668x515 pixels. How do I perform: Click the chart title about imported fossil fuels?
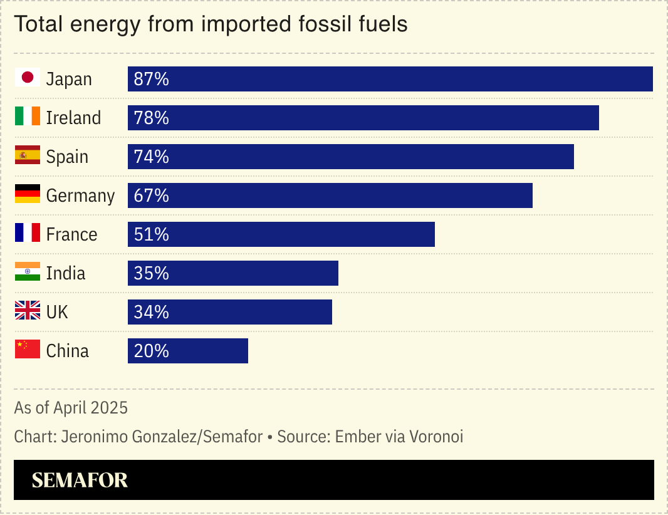coord(211,24)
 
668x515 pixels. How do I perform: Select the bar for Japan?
coord(390,79)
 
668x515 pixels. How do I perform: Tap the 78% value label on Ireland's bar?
coord(152,118)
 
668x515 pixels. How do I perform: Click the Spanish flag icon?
coord(28,156)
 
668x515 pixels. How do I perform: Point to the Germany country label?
coord(80,195)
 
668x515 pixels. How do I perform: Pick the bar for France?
coord(281,234)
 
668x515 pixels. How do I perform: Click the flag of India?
coord(28,273)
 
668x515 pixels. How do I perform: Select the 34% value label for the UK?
coord(152,312)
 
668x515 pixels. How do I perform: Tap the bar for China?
coord(188,351)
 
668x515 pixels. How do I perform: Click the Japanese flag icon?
coord(28,78)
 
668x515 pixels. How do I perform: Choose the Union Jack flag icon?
coord(28,311)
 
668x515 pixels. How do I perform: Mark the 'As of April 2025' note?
coord(71,408)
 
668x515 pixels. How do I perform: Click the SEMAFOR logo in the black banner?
coord(80,480)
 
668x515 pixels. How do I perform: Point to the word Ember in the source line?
coord(358,437)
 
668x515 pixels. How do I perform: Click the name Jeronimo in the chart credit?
coord(95,437)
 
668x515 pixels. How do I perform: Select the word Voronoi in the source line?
coord(436,437)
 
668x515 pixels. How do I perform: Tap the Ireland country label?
coord(73,118)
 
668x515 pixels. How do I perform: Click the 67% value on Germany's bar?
coord(152,195)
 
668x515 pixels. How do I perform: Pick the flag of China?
coord(28,350)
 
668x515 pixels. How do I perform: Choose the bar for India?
coord(233,273)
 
